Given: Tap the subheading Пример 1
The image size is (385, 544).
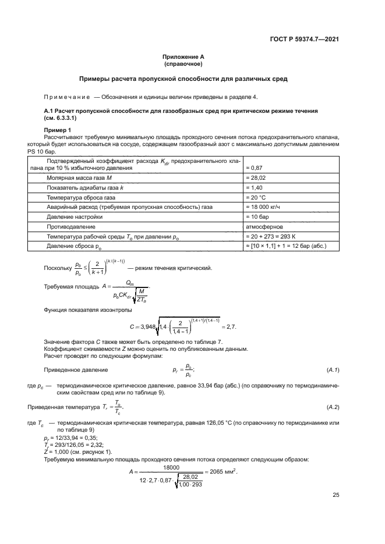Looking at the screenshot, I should coord(57,129).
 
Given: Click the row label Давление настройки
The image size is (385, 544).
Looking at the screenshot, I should coord(75,216).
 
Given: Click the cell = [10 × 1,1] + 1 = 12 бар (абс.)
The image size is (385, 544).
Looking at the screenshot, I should coord(286,246).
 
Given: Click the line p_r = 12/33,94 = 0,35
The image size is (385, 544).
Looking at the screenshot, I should coord(70,437).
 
